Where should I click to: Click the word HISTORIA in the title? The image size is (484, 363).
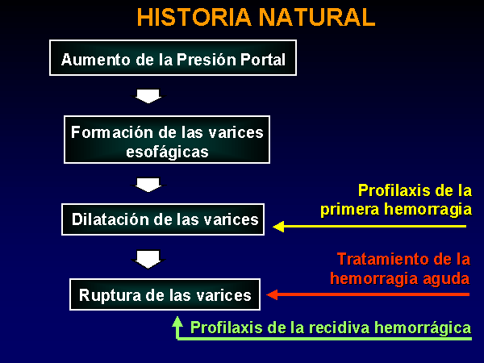click(x=194, y=17)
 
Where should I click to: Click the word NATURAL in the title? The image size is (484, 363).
click(x=317, y=17)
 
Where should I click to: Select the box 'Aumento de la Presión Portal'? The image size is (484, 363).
click(x=173, y=58)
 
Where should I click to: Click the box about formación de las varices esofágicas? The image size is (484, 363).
click(x=167, y=140)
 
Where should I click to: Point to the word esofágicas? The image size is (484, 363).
click(x=167, y=152)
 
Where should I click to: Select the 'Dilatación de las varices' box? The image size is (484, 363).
click(x=163, y=219)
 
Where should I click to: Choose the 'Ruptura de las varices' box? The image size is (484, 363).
click(x=165, y=294)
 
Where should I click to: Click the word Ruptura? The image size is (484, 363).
click(x=110, y=296)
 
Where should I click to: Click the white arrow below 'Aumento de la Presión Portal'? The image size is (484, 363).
click(x=148, y=96)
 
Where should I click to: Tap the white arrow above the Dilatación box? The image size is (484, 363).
click(x=148, y=185)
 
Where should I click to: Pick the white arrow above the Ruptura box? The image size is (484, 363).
click(x=148, y=260)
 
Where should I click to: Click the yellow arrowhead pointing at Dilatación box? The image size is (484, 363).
click(x=278, y=226)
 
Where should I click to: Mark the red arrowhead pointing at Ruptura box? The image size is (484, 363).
click(x=272, y=294)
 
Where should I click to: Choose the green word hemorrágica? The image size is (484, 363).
click(x=423, y=328)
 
